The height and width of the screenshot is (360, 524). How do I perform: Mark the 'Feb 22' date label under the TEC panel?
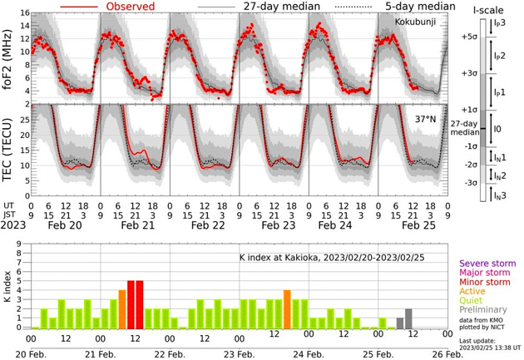193,224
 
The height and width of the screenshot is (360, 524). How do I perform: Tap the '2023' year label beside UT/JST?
14,224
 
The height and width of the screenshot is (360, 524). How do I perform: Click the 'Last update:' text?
477,339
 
